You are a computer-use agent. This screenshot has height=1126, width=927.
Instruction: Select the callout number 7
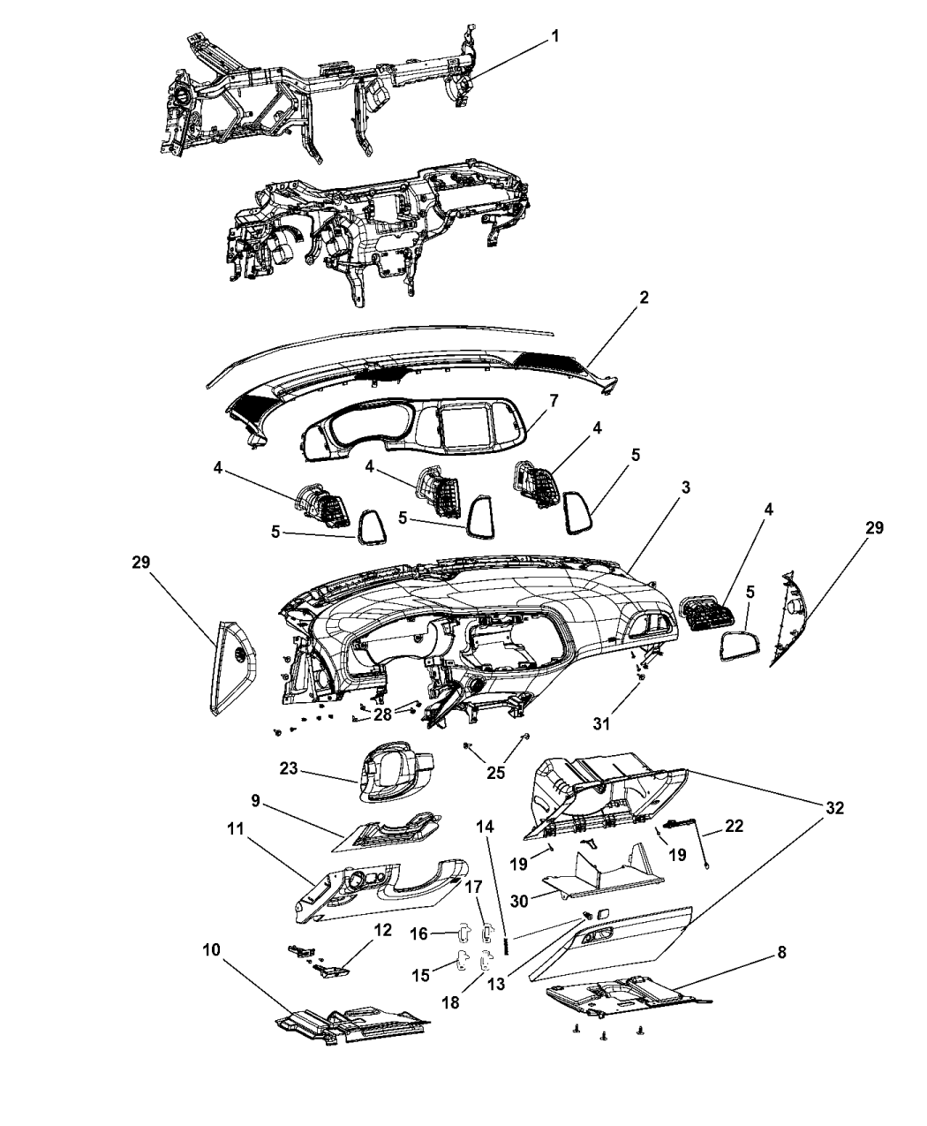click(x=554, y=401)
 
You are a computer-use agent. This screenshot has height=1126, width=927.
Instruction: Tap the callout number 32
click(x=835, y=807)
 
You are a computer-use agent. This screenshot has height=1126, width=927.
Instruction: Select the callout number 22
click(x=734, y=827)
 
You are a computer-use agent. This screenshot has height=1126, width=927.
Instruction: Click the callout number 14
click(x=486, y=827)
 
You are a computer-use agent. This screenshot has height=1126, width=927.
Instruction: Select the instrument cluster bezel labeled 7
click(x=415, y=442)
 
